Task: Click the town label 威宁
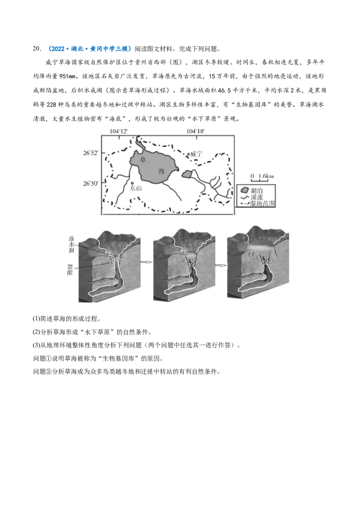point(197,154)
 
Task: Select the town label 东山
point(135,189)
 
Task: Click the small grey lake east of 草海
point(188,174)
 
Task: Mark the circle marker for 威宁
point(189,154)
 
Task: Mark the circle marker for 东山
point(131,183)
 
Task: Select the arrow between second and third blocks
point(220,265)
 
